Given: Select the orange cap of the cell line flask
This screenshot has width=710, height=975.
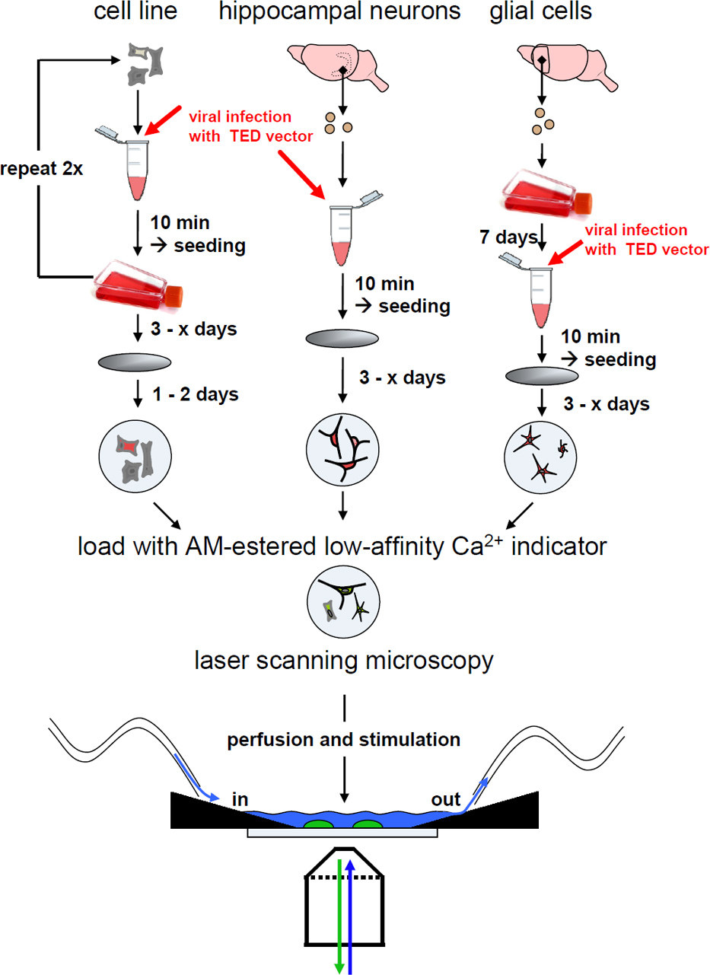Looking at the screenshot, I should click(174, 294).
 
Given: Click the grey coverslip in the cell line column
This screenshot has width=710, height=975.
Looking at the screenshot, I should click(135, 362).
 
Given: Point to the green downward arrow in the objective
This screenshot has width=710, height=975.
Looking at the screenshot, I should click(339, 913).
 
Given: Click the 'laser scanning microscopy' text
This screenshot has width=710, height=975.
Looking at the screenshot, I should click(343, 659).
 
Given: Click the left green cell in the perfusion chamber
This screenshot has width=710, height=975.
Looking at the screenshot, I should click(320, 824).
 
